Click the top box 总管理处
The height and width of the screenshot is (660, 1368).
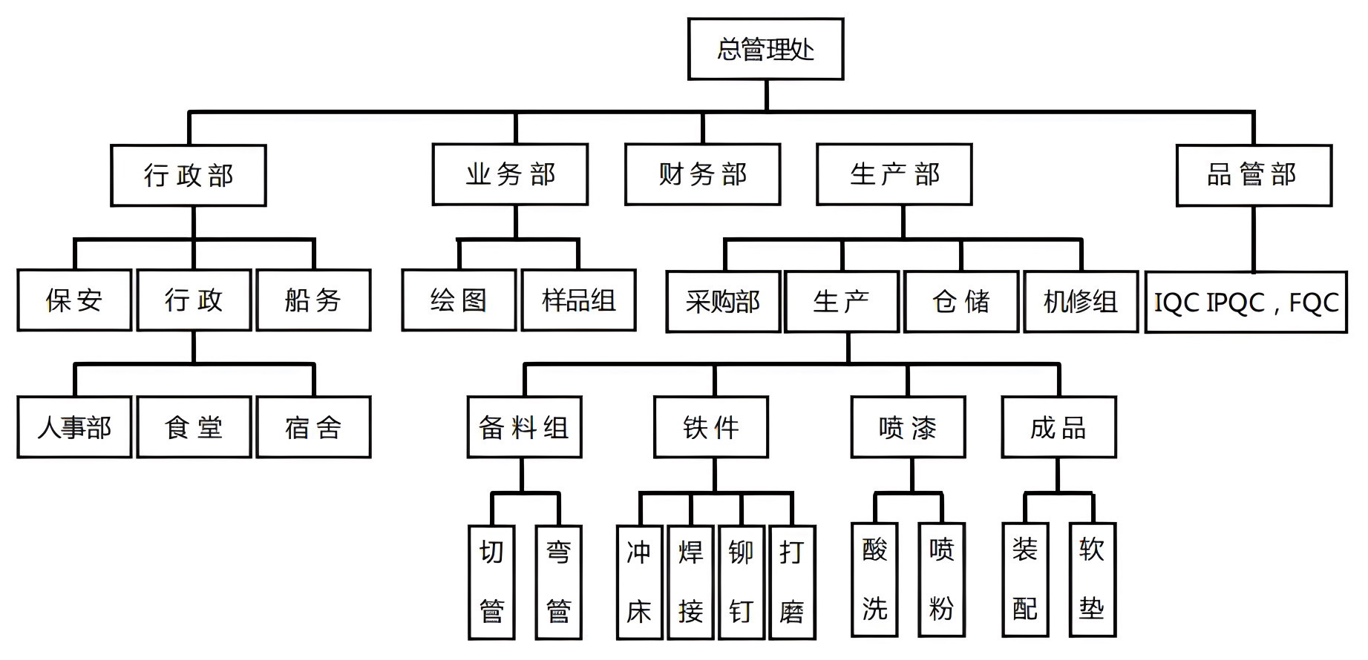click(765, 49)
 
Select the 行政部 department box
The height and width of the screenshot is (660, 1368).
click(189, 175)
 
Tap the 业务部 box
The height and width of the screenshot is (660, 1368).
click(510, 174)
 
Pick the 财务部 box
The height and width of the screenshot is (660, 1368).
click(702, 174)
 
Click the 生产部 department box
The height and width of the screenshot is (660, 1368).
click(894, 174)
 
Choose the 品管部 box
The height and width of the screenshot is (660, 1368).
click(1254, 175)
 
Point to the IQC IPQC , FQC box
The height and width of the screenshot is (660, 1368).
click(1246, 302)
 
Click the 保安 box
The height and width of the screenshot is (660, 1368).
click(74, 300)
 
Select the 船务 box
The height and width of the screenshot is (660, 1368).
click(313, 300)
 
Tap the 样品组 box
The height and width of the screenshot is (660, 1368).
click(578, 300)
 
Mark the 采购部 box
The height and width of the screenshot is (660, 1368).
click(723, 302)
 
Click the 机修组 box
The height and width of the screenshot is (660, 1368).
click(1080, 302)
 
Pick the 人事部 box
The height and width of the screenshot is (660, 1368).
click(74, 427)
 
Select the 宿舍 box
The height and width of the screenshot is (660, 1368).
click(313, 427)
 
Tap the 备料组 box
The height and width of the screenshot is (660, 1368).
click(524, 427)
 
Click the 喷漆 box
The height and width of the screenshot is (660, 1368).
click(908, 427)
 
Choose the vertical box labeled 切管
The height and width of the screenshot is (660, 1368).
click(491, 582)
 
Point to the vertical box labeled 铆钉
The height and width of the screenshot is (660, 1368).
click(741, 582)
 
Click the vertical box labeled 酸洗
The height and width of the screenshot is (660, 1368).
click(874, 580)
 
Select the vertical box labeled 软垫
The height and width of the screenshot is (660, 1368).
click(1092, 580)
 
